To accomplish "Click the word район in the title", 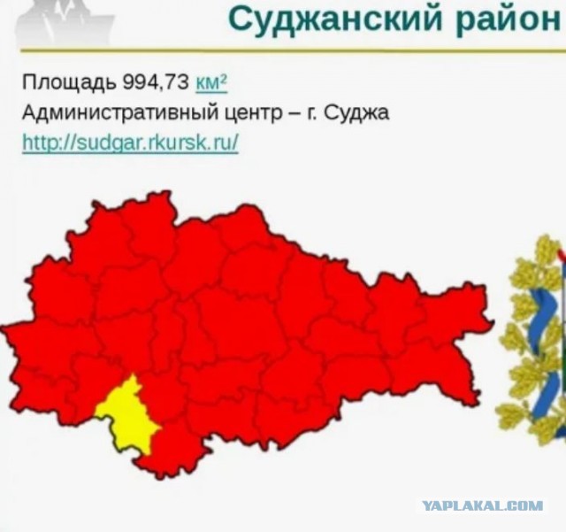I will (x=505, y=19).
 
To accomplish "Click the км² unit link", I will (x=212, y=84).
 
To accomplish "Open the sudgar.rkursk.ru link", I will (x=130, y=143).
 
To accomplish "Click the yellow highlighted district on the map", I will (x=127, y=412).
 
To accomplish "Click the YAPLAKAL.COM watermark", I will (x=482, y=505).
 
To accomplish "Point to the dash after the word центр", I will (x=292, y=114).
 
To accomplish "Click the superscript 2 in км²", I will (x=224, y=79).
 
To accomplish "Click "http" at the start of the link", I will (x=39, y=143).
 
